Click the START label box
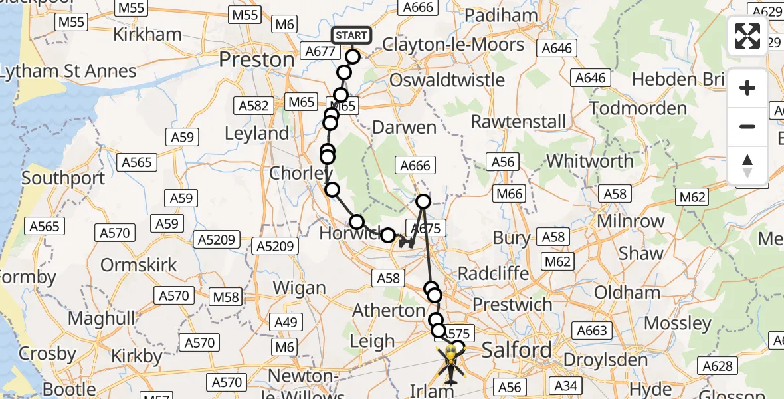(351, 35)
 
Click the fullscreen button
(747, 36)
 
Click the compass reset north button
(747, 166)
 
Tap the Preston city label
(256, 60)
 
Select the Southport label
(63, 178)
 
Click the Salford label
(517, 350)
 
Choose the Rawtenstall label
(519, 122)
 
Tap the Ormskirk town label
(139, 265)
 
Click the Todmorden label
(638, 108)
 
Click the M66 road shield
(510, 194)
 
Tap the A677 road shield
(320, 51)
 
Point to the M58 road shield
(225, 295)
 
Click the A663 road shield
(591, 331)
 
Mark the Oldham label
(627, 293)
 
